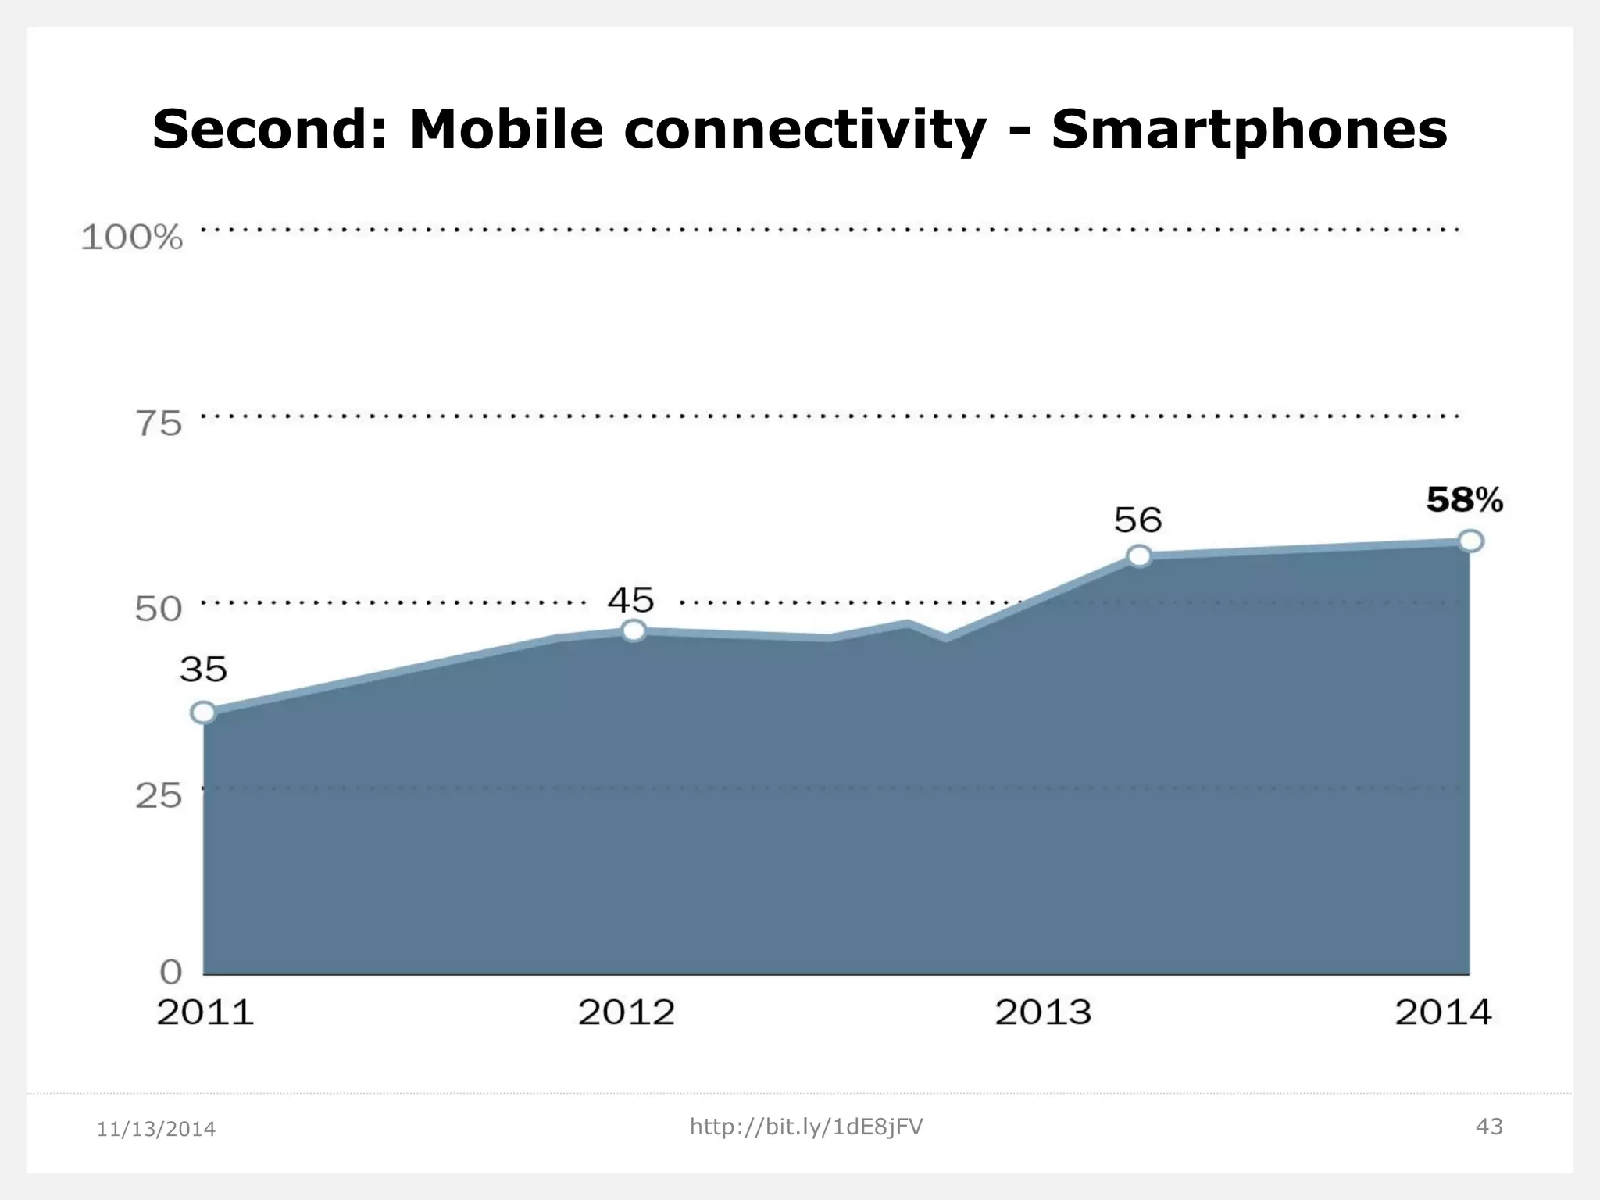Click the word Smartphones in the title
click(1248, 130)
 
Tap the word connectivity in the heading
click(804, 130)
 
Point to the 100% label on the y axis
click(132, 237)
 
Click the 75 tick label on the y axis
click(159, 424)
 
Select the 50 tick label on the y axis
click(159, 609)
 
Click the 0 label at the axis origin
click(171, 973)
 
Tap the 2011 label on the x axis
click(205, 1013)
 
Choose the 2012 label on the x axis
click(626, 1013)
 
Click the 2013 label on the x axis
click(1043, 1013)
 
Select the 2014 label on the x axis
click(1443, 1013)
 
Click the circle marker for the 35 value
click(204, 712)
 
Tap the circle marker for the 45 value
click(634, 630)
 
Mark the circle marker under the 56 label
click(1140, 556)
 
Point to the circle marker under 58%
click(1471, 541)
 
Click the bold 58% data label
click(1464, 500)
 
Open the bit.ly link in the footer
click(806, 1127)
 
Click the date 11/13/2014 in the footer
click(156, 1130)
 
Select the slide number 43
click(1489, 1127)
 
